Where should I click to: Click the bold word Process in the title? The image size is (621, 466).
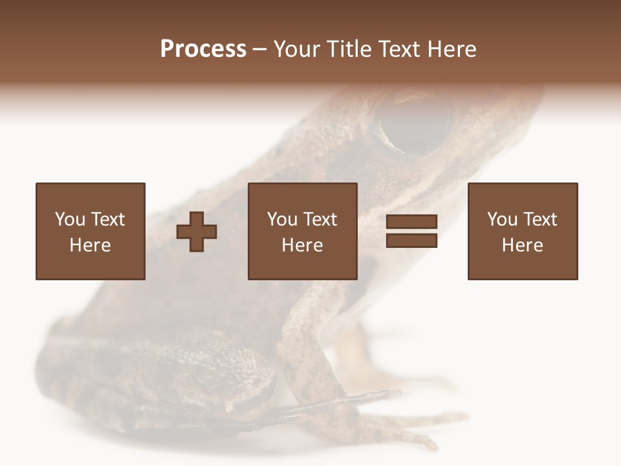(203, 49)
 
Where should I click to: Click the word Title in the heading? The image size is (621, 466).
(349, 49)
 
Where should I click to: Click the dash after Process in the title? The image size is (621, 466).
(260, 50)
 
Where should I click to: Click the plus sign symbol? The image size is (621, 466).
(197, 231)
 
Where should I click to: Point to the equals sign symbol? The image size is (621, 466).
(411, 231)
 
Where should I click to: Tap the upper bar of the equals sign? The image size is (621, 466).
(411, 222)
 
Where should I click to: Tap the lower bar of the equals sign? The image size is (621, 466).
(411, 240)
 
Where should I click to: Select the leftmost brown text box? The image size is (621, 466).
(91, 231)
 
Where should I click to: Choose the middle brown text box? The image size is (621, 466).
(302, 231)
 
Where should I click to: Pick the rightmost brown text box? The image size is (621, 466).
(523, 231)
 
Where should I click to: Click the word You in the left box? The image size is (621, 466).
(69, 219)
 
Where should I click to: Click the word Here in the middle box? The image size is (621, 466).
(302, 245)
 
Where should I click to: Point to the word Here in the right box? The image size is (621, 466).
(523, 245)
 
